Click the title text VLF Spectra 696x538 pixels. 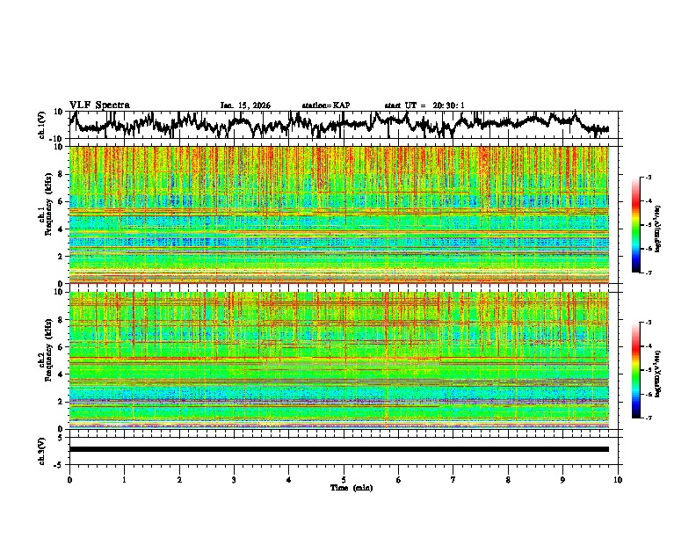coord(99,105)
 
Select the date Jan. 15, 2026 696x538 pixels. coord(245,105)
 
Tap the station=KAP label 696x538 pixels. coord(325,105)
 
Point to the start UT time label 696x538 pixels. coord(424,105)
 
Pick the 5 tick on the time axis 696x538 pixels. coord(344,479)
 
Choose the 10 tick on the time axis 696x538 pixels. coord(618,479)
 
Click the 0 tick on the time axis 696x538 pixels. coord(69,479)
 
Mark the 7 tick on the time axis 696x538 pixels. coord(453,479)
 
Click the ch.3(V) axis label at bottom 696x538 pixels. coord(42,449)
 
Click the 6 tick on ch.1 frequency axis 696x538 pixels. coord(62,201)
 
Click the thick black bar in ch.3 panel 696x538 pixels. coord(338,449)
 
